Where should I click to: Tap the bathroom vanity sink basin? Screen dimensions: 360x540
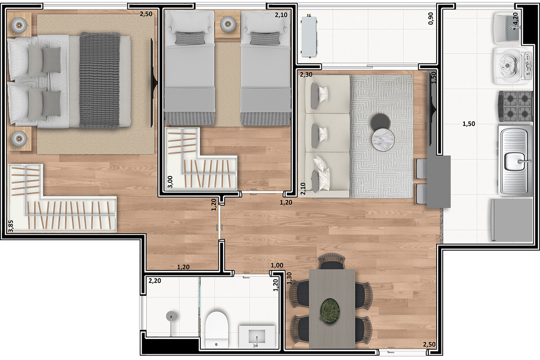pos(256,335)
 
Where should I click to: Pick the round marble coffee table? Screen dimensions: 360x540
pos(382,140)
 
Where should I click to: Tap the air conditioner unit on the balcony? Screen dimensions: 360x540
pos(309,36)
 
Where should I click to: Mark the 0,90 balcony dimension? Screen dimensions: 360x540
pos(431,18)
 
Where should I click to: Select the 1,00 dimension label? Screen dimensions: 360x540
pos(277,266)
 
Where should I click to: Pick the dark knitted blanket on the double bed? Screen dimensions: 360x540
pos(99,81)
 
